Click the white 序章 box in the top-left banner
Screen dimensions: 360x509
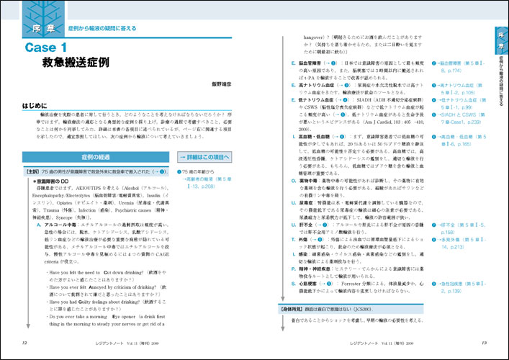pos(45,28)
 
